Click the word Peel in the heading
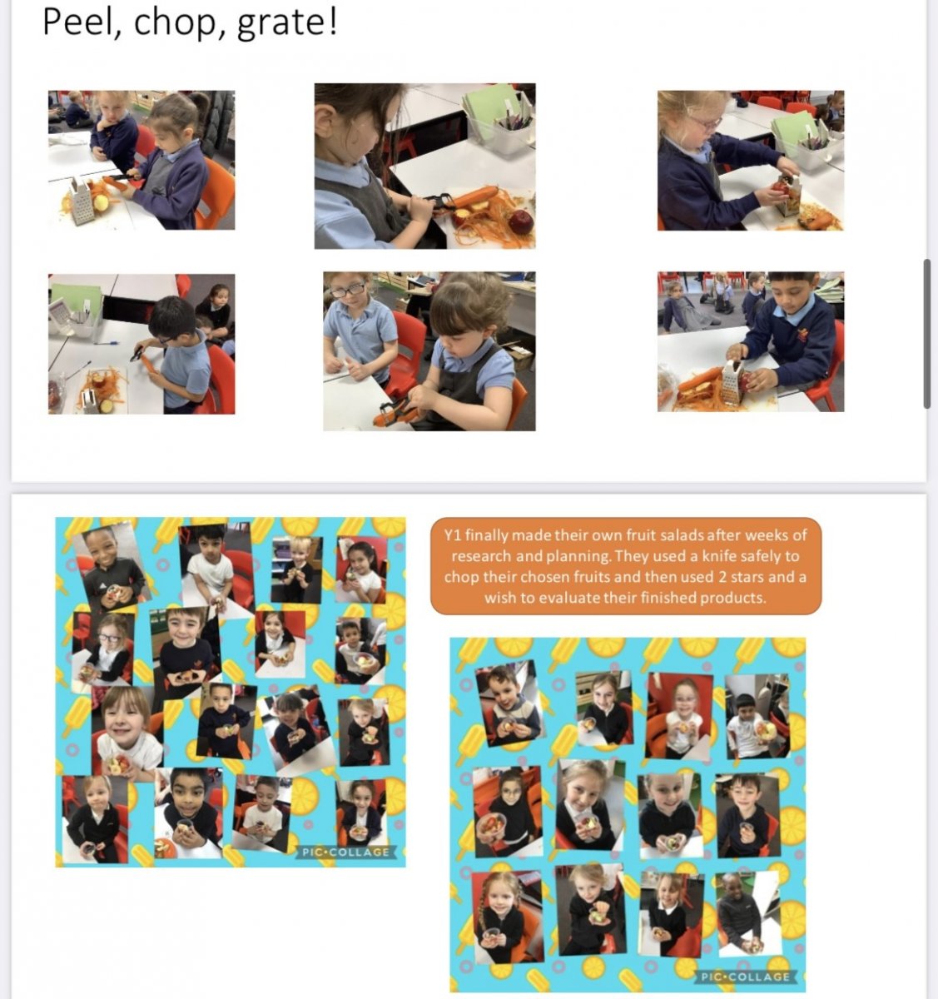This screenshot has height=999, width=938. (x=76, y=22)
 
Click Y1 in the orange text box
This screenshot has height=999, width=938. (x=453, y=535)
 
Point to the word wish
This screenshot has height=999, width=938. (x=500, y=598)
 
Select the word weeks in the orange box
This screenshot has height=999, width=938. (x=765, y=534)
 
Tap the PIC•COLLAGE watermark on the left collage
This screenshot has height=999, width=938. (x=345, y=852)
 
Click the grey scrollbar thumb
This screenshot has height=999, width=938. (x=927, y=334)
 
